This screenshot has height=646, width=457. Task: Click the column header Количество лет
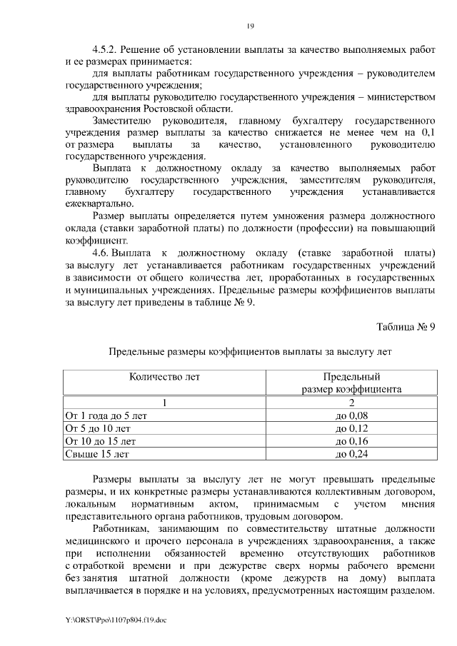click(164, 376)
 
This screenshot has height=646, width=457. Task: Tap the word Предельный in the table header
click(351, 376)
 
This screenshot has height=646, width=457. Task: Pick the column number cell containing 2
click(351, 402)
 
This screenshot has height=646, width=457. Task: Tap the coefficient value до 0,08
click(351, 415)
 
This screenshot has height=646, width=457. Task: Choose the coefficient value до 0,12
click(351, 428)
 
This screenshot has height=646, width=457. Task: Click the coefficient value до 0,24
click(351, 453)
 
